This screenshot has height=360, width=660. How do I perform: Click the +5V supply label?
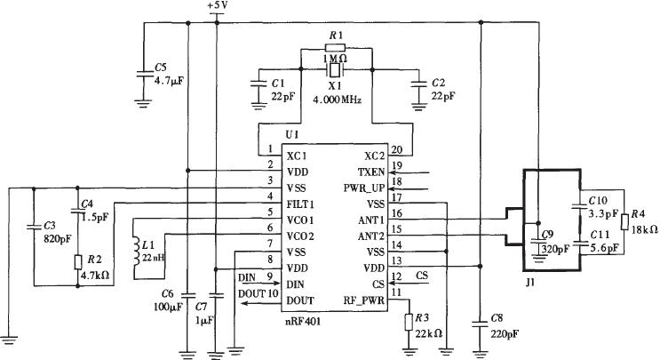point(218,5)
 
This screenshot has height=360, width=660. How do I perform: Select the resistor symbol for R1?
point(336,47)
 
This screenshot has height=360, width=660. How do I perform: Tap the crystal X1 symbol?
point(336,70)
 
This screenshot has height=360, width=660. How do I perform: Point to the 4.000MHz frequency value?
point(337,100)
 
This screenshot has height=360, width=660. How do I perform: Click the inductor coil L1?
point(137,252)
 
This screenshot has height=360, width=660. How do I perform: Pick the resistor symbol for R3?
point(408,322)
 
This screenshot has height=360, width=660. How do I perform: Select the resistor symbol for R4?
point(624,222)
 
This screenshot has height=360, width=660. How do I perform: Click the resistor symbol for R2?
point(77,262)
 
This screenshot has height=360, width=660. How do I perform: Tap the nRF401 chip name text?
point(303,322)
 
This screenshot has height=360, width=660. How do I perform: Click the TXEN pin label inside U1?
point(371,172)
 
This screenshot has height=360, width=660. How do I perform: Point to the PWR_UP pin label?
point(364,188)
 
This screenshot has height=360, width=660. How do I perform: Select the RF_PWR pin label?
point(364,300)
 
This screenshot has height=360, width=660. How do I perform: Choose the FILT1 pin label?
point(300,204)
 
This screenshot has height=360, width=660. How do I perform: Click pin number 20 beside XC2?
point(396,149)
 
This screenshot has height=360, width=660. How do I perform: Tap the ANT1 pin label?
point(371,220)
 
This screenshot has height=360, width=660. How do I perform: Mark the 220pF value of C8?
point(505,334)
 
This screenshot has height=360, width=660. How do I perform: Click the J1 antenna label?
point(530,283)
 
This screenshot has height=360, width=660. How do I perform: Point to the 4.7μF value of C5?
point(169,81)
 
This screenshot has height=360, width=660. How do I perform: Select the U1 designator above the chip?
point(292,135)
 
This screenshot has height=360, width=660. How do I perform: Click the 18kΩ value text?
point(645,229)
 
